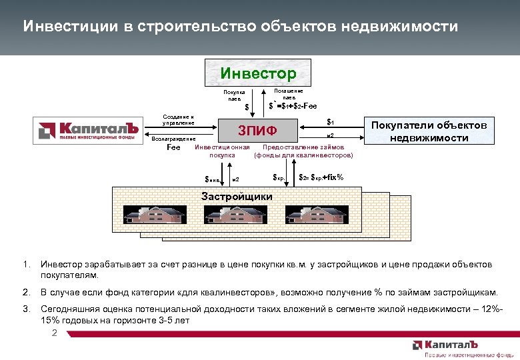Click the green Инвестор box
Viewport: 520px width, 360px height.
pos(259,72)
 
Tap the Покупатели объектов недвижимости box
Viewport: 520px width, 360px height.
pos(429,131)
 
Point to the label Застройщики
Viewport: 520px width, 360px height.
pos(237,196)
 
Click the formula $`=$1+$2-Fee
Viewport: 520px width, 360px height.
pos(293,105)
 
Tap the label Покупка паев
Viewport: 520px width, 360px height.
pos(234,95)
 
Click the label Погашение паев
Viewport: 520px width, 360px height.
pos(289,93)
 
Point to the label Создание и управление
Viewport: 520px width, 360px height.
pos(179,119)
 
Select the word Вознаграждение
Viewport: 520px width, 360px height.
pos(174,138)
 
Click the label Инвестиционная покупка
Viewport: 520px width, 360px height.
pos(222,151)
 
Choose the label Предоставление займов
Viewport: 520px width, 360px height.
pos(304,147)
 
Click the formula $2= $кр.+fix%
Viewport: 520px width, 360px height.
pos(321,177)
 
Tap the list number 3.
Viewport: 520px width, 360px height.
pos(26,309)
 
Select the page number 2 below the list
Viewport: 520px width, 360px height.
pos(54,332)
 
